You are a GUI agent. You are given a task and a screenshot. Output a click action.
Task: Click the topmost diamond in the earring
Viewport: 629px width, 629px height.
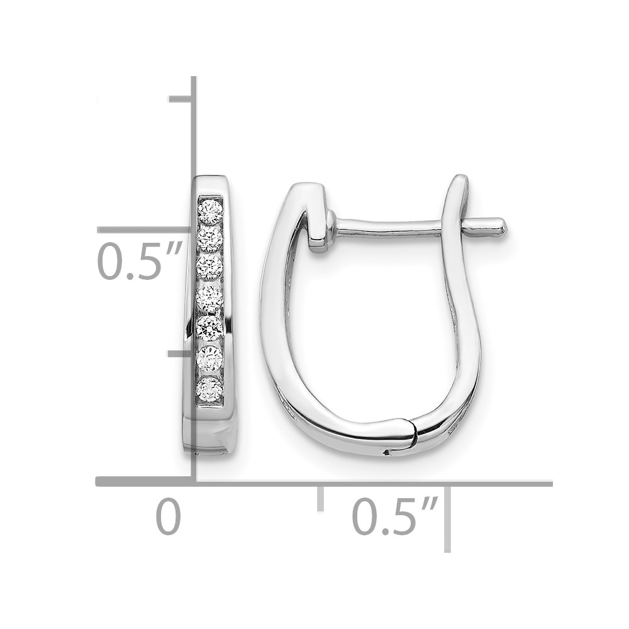[210, 212]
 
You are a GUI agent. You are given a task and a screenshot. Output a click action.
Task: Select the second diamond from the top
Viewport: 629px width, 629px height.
[210, 238]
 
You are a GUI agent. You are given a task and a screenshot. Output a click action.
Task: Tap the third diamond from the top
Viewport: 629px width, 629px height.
[209, 267]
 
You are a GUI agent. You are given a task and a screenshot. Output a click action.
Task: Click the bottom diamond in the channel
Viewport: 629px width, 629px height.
[210, 388]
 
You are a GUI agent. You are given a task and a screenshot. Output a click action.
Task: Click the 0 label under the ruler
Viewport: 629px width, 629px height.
[169, 516]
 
